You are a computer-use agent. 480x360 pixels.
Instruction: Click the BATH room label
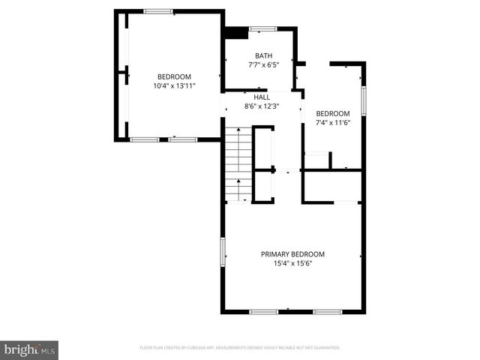point(263,55)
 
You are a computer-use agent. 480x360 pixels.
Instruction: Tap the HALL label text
point(262,97)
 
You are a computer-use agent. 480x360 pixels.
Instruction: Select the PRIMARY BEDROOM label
point(292,254)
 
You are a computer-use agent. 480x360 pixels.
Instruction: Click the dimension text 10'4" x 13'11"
point(174,85)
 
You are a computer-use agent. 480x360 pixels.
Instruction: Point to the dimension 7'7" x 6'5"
point(263,64)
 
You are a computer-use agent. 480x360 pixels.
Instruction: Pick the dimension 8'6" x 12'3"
point(262,106)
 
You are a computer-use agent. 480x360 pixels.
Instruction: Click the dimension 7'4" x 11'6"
point(333,122)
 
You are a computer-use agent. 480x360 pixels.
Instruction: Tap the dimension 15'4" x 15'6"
point(292,263)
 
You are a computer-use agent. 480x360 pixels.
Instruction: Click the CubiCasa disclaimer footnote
point(240,348)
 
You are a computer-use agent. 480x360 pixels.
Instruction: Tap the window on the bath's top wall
point(262,28)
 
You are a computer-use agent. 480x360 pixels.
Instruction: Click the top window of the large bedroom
point(158,11)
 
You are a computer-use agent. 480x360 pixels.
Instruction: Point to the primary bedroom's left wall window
point(222,251)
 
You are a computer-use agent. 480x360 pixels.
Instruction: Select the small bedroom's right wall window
point(363,100)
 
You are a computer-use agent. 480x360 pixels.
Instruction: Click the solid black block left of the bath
point(237,32)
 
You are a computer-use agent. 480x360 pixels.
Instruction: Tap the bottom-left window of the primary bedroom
point(264,311)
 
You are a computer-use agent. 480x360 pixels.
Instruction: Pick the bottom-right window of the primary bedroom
point(328,311)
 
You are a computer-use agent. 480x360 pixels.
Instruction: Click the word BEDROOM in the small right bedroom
point(333,113)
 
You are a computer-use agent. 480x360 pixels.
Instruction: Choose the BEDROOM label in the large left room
point(174,76)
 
